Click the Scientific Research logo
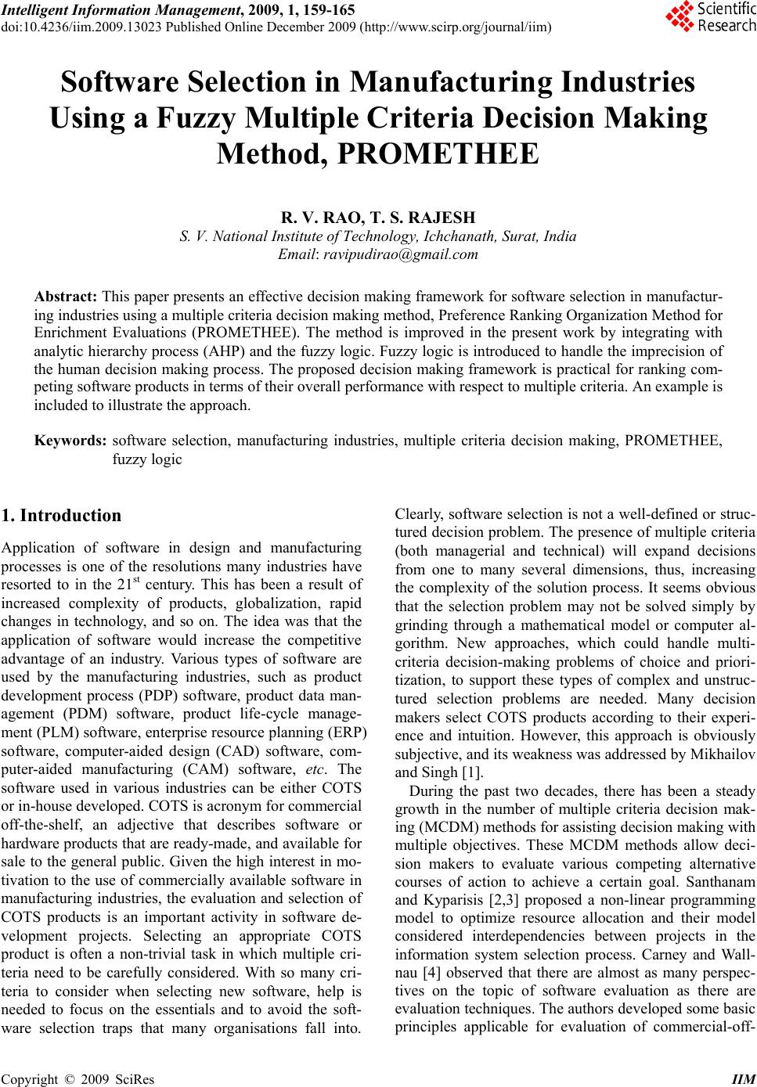click(x=710, y=17)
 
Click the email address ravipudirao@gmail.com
click(x=400, y=254)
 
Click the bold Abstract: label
click(x=66, y=297)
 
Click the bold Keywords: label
click(x=70, y=441)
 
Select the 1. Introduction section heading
click(x=63, y=516)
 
